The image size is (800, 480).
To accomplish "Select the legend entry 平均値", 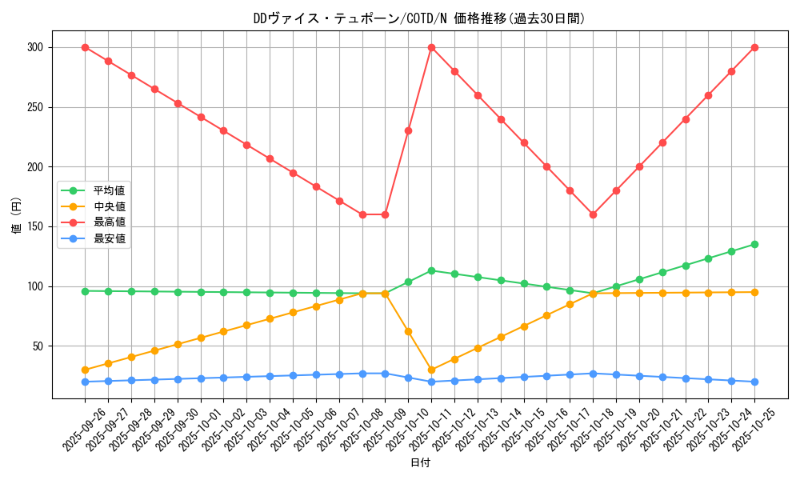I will click(110, 190).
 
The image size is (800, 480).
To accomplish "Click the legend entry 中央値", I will click(110, 206).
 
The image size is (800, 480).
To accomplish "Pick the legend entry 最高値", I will click(110, 222).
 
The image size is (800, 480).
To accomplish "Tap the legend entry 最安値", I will click(110, 238).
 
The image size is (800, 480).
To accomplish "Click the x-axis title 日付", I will click(419, 463).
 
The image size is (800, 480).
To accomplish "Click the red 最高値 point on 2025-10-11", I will click(431, 47).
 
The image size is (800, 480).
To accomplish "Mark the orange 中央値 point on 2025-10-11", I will click(431, 370).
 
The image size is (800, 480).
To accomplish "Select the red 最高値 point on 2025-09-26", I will click(85, 47).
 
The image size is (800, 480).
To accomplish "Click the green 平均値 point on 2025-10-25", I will click(754, 244).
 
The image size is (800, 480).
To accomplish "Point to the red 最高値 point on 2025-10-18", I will click(593, 214).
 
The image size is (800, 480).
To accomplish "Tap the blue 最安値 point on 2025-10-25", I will click(754, 382).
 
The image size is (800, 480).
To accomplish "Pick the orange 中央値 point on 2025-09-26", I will click(85, 370).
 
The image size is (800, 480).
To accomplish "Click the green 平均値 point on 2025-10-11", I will click(431, 270).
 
